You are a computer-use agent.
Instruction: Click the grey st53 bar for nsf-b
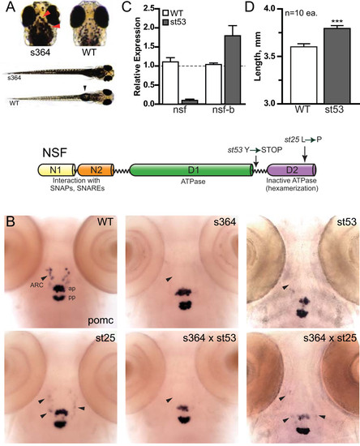pos(233,70)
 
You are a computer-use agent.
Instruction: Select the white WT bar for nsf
pos(170,83)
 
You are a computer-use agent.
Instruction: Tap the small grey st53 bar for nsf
pos(190,102)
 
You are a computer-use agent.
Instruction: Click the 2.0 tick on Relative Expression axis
pos(151,28)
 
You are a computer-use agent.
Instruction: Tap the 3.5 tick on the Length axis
pos(272,56)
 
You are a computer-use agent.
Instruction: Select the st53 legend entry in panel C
pos(174,22)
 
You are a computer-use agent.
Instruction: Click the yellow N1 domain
pos(57,169)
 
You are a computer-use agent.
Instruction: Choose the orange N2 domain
pos(96,169)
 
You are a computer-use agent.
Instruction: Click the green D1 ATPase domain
pos(191,169)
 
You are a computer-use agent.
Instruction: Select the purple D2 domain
pos(292,169)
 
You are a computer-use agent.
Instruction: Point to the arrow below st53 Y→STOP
pos(255,161)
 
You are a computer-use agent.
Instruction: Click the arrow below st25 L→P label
pos(305,154)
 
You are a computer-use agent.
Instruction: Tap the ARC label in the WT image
pos(36,285)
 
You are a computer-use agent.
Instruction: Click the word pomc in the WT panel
pos(101,320)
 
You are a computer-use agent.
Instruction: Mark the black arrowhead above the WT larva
pos(84,88)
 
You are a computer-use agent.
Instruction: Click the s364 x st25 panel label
pos(330,337)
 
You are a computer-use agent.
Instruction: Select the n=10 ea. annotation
pos(302,13)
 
